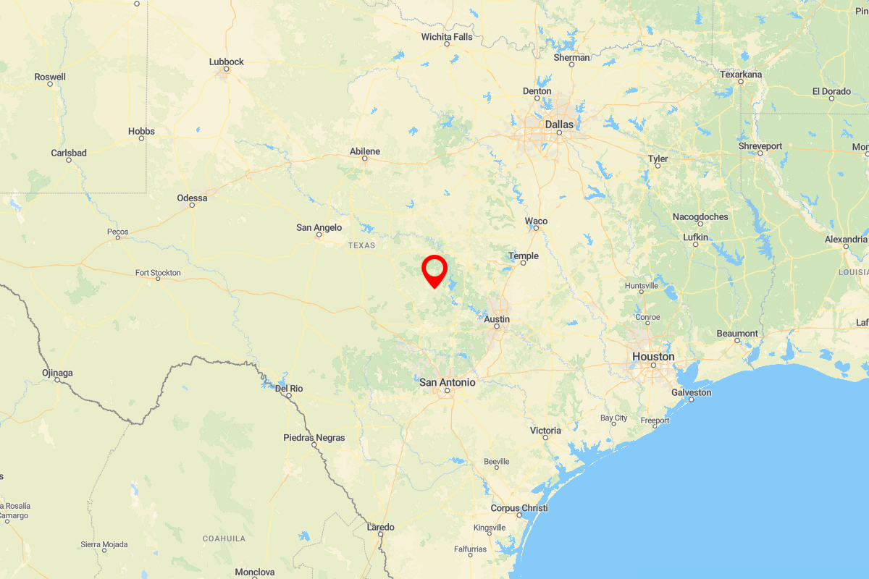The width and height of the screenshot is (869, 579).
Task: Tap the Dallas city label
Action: tap(559, 124)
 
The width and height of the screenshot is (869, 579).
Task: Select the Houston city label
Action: tap(653, 357)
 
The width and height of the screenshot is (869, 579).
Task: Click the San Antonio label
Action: tap(448, 382)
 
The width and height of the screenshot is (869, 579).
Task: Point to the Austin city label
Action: tap(497, 319)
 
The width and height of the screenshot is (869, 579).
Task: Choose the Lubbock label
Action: tap(227, 62)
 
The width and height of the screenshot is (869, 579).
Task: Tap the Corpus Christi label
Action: tap(519, 508)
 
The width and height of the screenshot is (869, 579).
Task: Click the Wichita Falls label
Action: tap(447, 37)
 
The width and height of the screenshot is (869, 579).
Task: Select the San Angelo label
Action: tap(319, 227)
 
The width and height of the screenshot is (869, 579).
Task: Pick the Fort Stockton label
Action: tap(158, 273)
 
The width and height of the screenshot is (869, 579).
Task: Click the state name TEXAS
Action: tap(362, 246)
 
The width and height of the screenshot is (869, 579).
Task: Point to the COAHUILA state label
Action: tap(224, 538)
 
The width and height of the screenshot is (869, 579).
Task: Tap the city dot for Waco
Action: tap(536, 228)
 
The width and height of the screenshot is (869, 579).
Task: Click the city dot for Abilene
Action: tap(365, 159)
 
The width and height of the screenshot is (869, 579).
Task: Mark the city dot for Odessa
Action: tap(192, 205)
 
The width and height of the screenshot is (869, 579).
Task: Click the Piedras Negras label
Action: tap(314, 438)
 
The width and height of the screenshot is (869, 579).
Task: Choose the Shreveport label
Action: tap(760, 146)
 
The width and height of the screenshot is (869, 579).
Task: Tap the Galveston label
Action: tap(692, 393)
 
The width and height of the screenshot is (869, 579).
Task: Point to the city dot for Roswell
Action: tap(50, 84)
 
